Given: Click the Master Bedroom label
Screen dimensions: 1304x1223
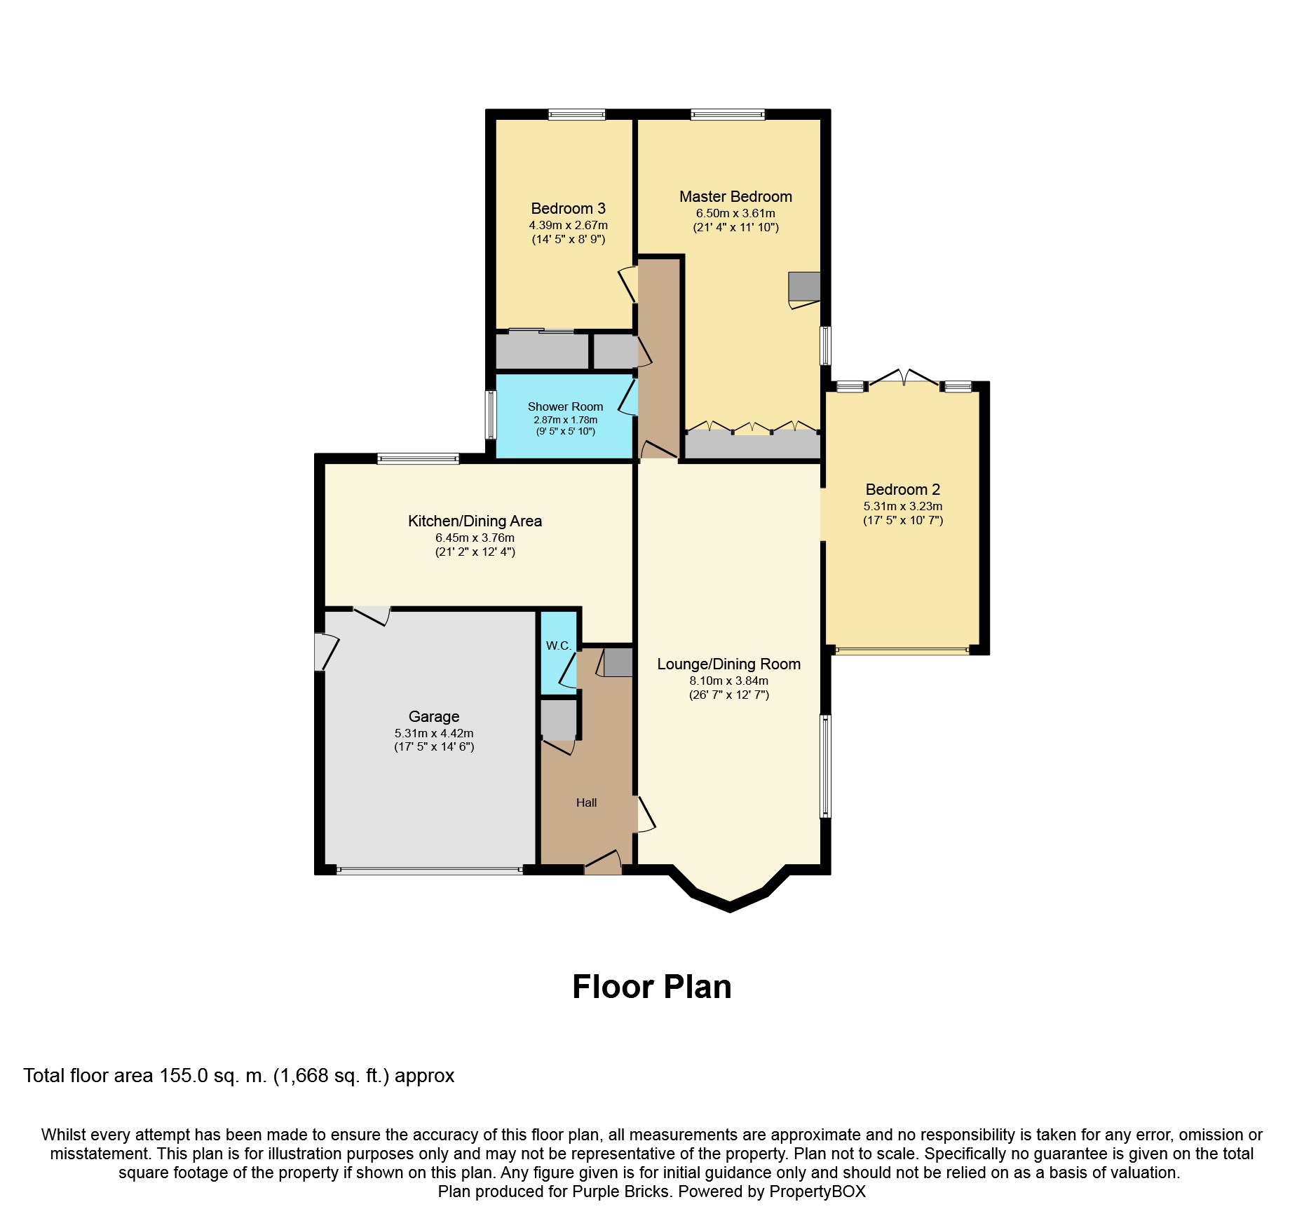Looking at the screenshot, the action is (735, 197).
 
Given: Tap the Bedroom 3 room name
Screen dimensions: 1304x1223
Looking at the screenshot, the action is (568, 209).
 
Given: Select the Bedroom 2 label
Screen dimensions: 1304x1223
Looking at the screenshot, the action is (902, 490).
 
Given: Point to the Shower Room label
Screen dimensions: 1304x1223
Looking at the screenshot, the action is (565, 406).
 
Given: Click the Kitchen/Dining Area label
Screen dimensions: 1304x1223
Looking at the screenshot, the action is (475, 521).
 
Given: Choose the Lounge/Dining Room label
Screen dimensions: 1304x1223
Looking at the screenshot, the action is (728, 664).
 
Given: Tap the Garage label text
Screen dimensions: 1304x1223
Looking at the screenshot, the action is (434, 717).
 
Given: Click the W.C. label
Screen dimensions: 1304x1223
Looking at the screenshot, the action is (559, 645).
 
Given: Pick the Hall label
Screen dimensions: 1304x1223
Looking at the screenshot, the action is (586, 803).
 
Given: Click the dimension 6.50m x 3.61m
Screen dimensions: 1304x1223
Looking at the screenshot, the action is (735, 213).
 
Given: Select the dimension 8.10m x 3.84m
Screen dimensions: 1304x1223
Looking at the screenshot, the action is (728, 681).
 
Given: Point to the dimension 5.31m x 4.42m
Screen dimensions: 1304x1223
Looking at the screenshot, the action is (434, 733).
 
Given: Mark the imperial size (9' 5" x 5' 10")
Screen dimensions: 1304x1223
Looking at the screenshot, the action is (565, 432).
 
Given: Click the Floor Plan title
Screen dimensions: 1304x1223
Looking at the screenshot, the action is (652, 987).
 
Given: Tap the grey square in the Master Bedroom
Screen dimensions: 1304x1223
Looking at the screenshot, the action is (804, 286).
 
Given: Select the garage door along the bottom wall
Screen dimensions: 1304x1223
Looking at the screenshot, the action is (429, 870).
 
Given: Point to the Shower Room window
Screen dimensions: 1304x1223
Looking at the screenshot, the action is (491, 414).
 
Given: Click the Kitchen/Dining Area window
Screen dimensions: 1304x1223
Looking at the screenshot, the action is (418, 459).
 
